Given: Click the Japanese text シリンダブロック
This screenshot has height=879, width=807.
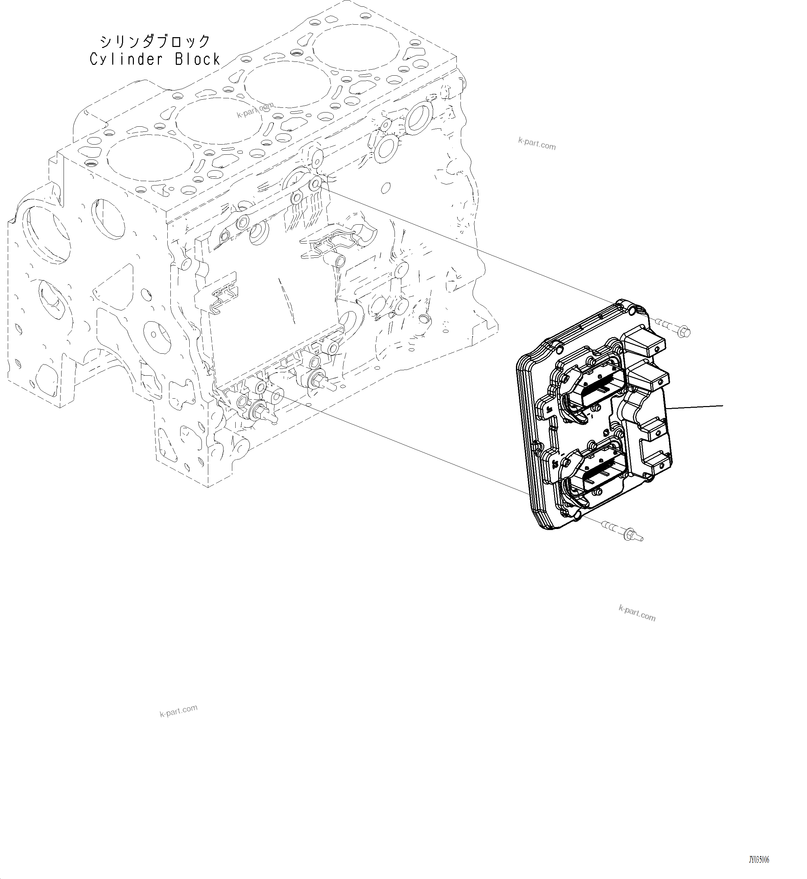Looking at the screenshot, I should click(x=155, y=42).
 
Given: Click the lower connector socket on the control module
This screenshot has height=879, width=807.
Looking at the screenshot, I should click(x=596, y=476).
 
